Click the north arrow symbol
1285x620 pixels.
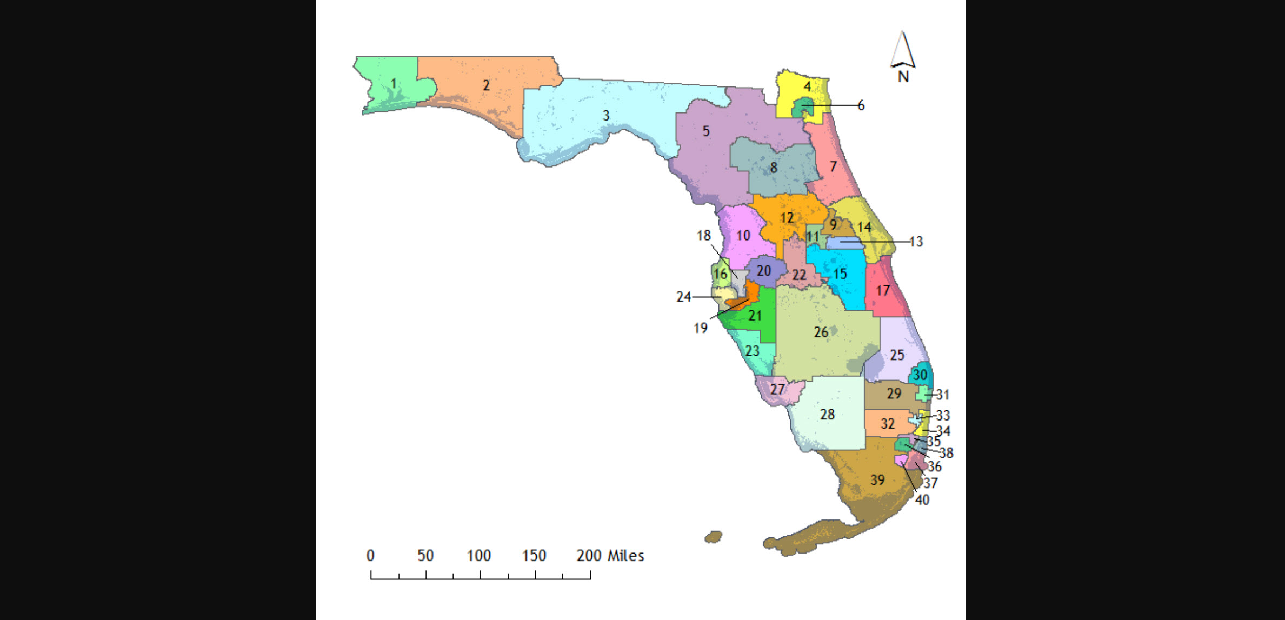point(902,49)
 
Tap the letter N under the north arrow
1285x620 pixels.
point(903,77)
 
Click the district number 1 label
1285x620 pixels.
point(394,84)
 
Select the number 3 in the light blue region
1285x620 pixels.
point(606,115)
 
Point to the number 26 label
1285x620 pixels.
point(821,332)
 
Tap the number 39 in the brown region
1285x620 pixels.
point(877,479)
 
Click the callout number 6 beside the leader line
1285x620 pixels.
point(861,105)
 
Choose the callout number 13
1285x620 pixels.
point(916,242)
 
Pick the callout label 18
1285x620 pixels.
point(703,236)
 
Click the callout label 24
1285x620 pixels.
point(684,297)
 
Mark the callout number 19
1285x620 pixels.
point(700,328)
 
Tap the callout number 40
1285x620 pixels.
point(922,500)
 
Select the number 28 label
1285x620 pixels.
point(827,415)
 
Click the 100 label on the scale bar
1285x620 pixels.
point(479,556)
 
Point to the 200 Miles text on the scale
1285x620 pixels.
point(610,556)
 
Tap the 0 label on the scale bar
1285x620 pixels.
point(370,556)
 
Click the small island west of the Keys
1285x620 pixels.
point(714,537)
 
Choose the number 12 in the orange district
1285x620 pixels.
point(787,217)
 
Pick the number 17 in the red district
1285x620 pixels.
point(883,291)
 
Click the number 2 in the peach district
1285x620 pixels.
point(486,85)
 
